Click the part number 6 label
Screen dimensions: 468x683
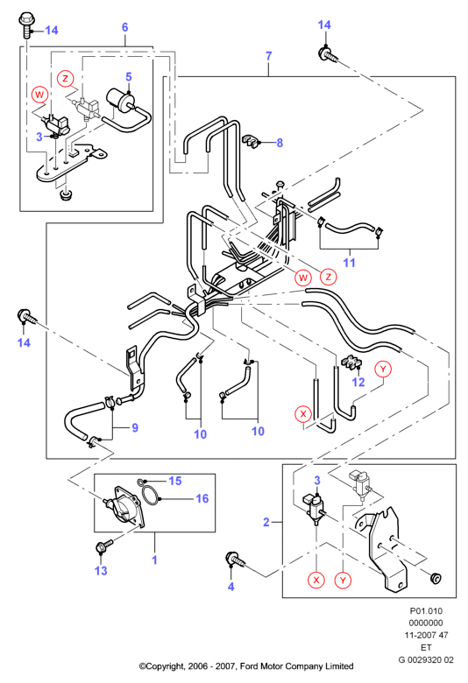tap(124, 27)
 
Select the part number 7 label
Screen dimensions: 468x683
tap(269, 56)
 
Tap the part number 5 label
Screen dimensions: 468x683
tap(129, 77)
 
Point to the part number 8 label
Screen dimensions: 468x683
tap(280, 143)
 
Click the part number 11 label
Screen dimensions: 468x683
tap(350, 263)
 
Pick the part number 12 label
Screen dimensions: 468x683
tap(358, 382)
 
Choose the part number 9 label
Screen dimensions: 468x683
tap(135, 427)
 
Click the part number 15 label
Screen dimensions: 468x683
tap(175, 481)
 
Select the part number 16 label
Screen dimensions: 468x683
tap(202, 498)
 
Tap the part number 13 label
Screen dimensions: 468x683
tap(101, 571)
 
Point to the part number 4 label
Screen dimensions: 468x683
tap(231, 587)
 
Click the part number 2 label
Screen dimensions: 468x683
tap(266, 522)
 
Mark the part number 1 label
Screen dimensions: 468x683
tap(154, 560)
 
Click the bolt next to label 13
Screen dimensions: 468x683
tap(103, 546)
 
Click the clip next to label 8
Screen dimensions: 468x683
tap(251, 141)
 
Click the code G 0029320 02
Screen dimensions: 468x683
tap(426, 659)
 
